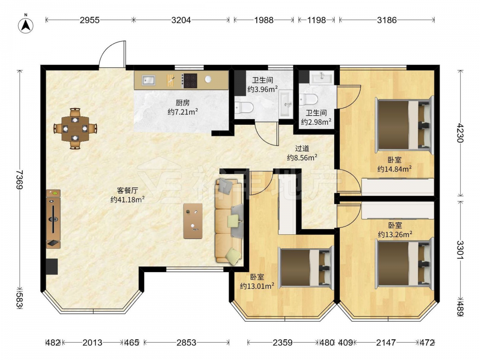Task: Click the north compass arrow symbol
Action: [26, 24]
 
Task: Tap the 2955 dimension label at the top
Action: [90, 20]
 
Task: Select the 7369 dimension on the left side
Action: [20, 180]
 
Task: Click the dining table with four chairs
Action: [75, 129]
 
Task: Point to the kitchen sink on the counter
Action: [148, 80]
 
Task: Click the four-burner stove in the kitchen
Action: [189, 81]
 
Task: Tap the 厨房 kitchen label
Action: [183, 103]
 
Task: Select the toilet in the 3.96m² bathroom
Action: [244, 108]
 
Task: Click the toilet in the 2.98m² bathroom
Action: [309, 99]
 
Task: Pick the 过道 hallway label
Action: [302, 148]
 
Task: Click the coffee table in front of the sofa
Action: [193, 221]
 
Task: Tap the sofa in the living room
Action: [229, 221]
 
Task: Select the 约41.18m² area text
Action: [127, 200]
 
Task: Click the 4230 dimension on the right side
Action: [460, 133]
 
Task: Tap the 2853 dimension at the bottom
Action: [186, 343]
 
